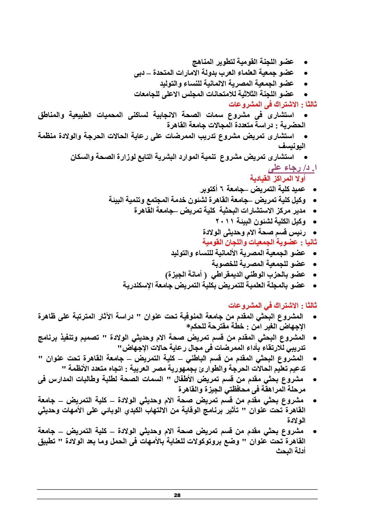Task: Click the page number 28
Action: click(177, 495)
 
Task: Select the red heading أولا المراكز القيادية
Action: click(278, 179)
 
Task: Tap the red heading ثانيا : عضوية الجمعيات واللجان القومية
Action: click(259, 242)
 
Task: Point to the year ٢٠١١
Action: click(224, 221)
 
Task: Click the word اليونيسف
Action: click(292, 146)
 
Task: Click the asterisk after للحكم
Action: click(188, 326)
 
